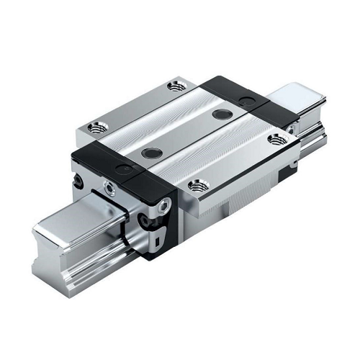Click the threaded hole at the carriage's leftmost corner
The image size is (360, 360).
pos(94,128)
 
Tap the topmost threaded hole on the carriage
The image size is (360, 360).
pos(176,86)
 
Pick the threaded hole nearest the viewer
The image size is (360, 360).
pos(196,185)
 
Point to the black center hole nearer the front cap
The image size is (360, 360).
pos(150,152)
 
